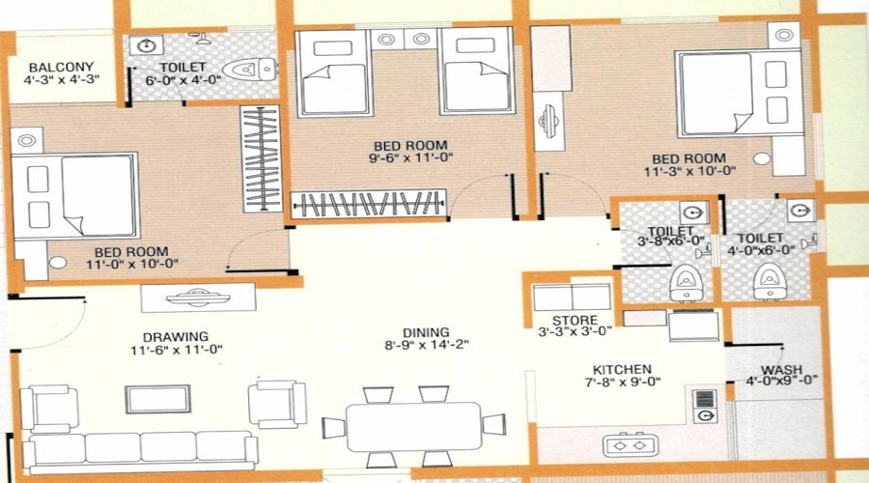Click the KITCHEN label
623,369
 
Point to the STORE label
575,321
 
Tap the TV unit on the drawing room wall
198,297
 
